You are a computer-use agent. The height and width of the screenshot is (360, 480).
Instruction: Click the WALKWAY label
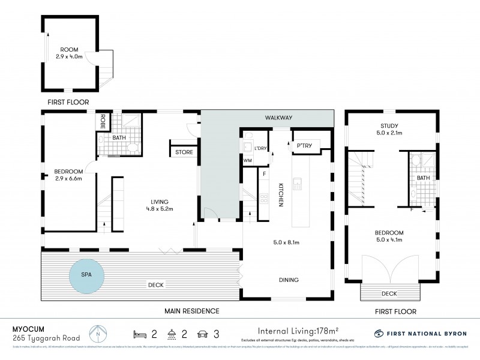(280, 118)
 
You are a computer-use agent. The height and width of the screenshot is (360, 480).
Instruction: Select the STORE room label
(184, 152)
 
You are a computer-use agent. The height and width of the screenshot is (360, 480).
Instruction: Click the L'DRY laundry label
(260, 148)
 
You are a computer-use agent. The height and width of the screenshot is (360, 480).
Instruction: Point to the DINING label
(288, 280)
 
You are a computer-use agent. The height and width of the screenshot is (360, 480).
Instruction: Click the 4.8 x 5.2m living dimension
(159, 209)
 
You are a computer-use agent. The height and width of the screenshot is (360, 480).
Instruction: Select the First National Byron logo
(420, 333)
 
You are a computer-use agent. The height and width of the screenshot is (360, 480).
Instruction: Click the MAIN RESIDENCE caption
(192, 311)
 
